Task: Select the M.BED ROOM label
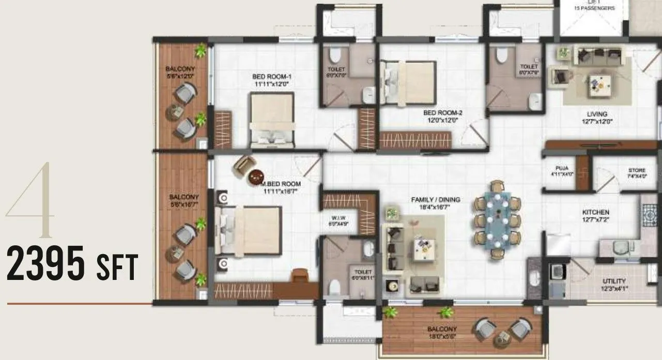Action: (282, 184)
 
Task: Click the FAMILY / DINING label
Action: (435, 199)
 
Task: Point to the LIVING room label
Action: (597, 114)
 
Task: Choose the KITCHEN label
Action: (595, 212)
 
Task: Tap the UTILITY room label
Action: (613, 281)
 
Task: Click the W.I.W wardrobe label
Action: (339, 218)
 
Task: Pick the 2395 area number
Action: (46, 264)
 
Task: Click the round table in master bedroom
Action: (256, 178)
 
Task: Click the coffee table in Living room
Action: (599, 83)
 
